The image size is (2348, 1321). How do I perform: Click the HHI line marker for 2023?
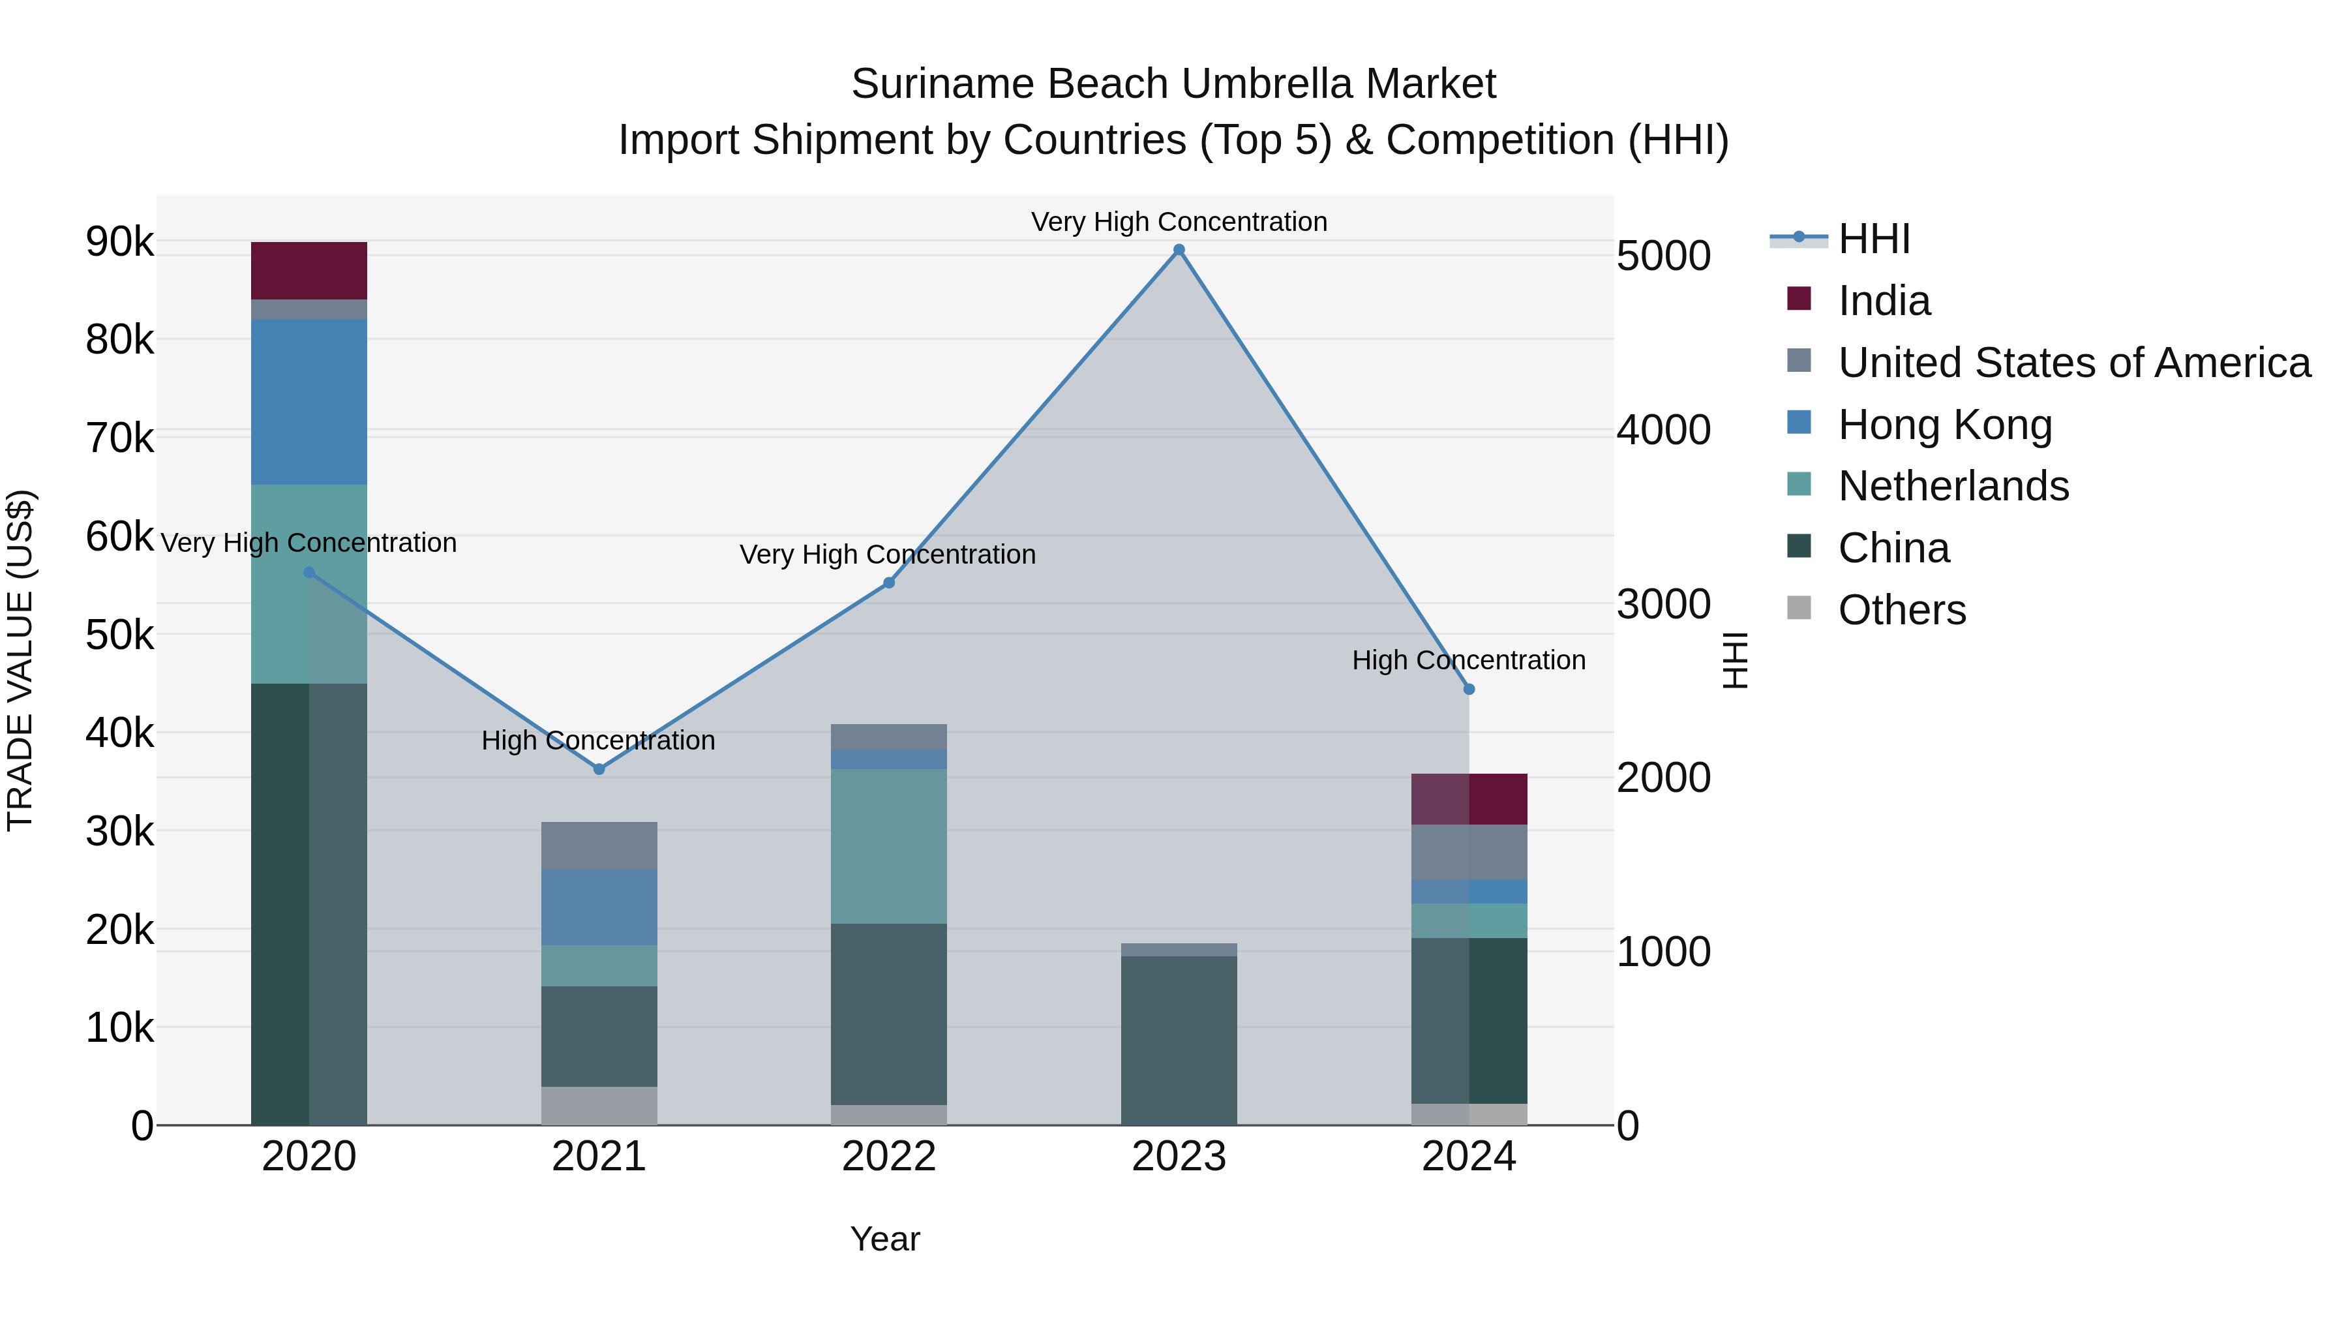click(x=1179, y=250)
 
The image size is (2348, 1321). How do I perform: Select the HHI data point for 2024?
click(x=1468, y=690)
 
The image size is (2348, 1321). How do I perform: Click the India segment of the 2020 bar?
click(x=309, y=270)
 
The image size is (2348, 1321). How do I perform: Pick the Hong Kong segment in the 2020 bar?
click(x=309, y=401)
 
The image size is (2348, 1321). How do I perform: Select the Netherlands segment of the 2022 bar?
click(x=889, y=846)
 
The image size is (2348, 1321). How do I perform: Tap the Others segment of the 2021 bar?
click(x=599, y=1105)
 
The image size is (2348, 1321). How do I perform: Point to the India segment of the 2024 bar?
click(x=1468, y=798)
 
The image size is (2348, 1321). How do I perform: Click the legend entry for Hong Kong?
click(x=1944, y=425)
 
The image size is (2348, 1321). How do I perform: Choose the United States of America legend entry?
click(x=2073, y=363)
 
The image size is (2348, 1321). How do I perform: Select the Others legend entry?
click(x=1901, y=610)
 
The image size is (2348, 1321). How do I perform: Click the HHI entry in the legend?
click(x=1873, y=239)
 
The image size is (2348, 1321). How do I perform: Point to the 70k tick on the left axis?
click(x=119, y=438)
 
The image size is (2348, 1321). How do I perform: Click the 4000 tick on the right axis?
click(x=1663, y=431)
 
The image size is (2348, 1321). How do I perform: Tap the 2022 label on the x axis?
click(x=889, y=1157)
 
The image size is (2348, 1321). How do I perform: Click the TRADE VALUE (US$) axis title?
click(x=20, y=660)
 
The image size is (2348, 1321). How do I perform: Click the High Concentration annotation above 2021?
click(x=598, y=740)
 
